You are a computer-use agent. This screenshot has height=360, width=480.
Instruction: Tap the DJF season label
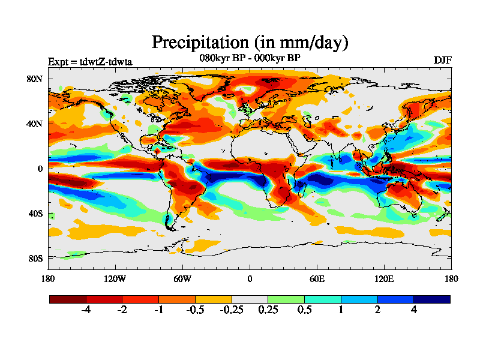click(x=442, y=61)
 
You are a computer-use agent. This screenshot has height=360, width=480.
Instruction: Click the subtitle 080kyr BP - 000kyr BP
click(x=250, y=58)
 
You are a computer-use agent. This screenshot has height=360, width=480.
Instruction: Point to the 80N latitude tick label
click(x=34, y=79)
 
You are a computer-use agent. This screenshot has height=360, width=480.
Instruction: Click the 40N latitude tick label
click(x=34, y=124)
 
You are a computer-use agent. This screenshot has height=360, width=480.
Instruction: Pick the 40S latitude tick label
click(x=34, y=214)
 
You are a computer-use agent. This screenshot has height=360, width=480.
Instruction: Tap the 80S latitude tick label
click(x=34, y=258)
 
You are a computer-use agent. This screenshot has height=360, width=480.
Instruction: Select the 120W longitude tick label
click(x=115, y=278)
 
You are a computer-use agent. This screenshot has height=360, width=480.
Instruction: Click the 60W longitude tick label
click(x=182, y=278)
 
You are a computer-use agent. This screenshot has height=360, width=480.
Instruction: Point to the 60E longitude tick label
click(x=317, y=278)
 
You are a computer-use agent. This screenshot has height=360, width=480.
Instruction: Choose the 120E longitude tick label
click(x=384, y=278)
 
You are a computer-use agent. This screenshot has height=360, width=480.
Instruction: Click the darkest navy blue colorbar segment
click(x=431, y=299)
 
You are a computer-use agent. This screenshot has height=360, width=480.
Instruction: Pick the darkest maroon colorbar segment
click(x=68, y=299)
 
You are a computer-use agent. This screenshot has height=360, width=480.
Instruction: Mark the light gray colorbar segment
click(x=250, y=299)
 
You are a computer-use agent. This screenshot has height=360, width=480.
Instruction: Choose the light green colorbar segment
click(x=286, y=299)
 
